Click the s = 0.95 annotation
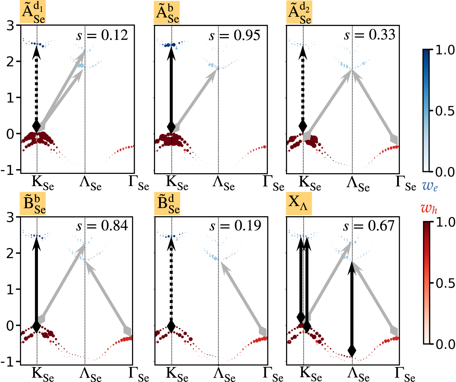point(235,35)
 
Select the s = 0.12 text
point(102,35)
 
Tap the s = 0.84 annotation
point(102,226)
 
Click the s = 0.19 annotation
point(235,226)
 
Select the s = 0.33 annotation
point(369,35)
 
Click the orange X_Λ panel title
point(299,203)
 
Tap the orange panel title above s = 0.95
point(167,13)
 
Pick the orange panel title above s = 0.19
point(167,204)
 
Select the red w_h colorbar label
point(429,208)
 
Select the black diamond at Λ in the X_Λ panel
point(352,350)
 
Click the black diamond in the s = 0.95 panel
point(171,127)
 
